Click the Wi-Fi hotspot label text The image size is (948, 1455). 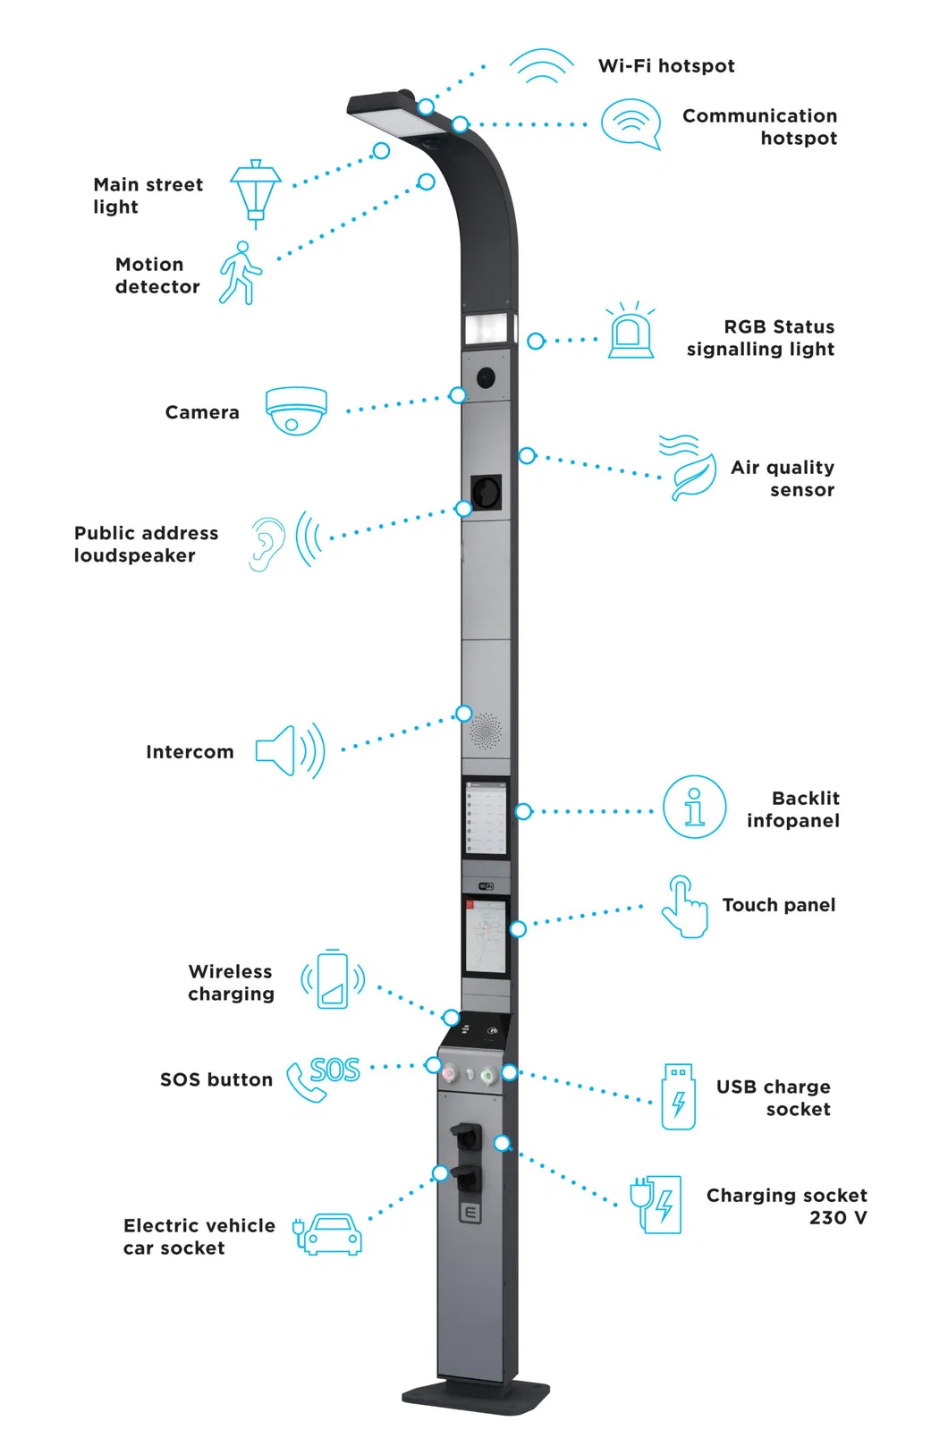[x=666, y=66]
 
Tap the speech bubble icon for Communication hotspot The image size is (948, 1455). [x=631, y=123]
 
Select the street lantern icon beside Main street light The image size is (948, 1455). [x=256, y=190]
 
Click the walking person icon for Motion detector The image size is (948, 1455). [x=241, y=273]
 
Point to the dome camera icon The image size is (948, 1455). [x=296, y=410]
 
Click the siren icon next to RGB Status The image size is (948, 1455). [x=631, y=332]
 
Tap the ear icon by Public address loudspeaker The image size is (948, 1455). [x=266, y=544]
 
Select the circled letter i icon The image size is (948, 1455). [x=694, y=807]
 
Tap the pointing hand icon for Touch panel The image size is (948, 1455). [x=684, y=907]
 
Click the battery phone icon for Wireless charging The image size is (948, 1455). [x=333, y=980]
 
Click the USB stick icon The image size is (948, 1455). [x=678, y=1096]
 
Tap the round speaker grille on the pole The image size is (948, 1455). [x=486, y=731]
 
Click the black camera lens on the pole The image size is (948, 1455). [x=486, y=377]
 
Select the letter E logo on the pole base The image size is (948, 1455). [x=470, y=1213]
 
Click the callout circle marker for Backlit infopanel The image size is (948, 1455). [x=523, y=811]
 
